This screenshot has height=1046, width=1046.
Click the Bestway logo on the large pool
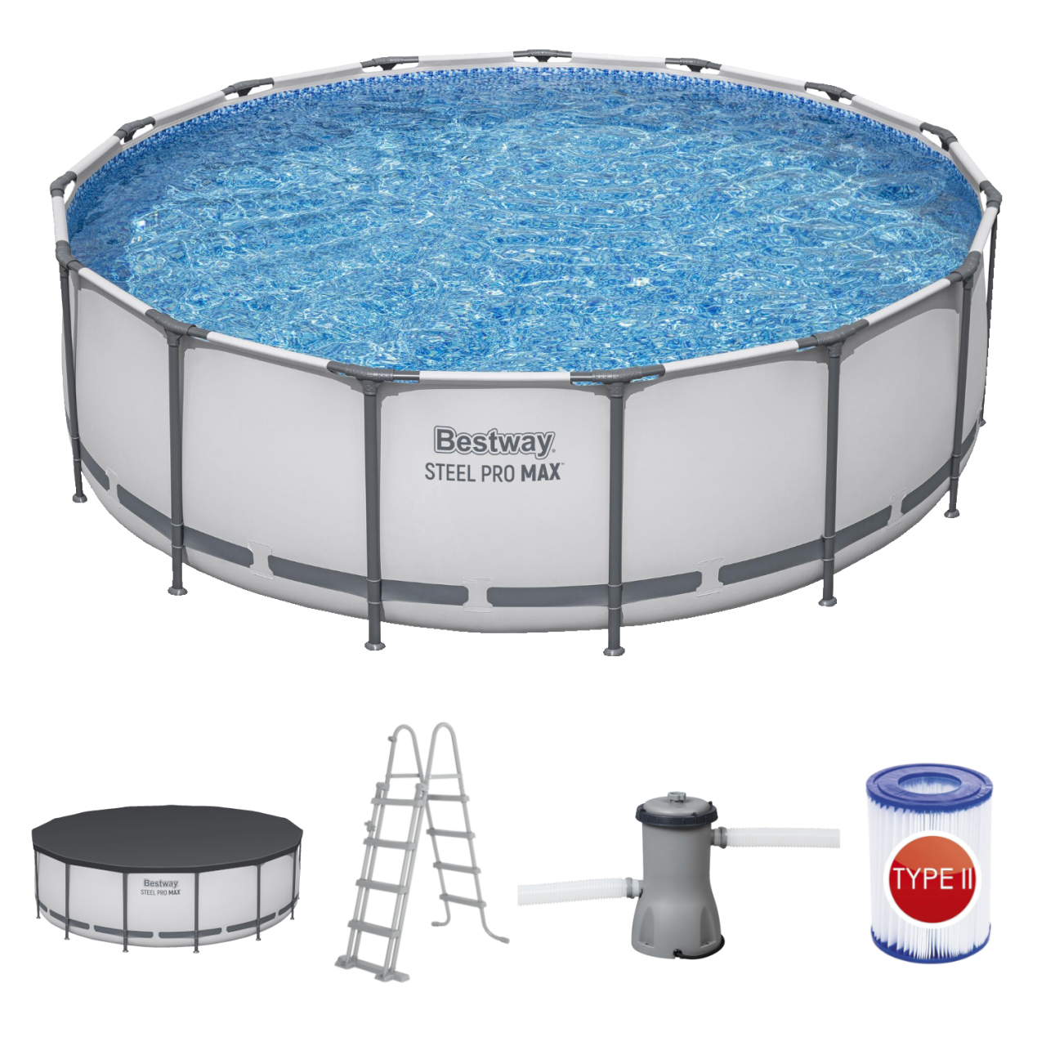click(494, 441)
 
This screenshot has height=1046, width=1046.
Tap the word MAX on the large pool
click(540, 472)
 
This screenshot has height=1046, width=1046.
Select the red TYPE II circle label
click(932, 880)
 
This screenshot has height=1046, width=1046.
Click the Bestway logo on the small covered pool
click(160, 883)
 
